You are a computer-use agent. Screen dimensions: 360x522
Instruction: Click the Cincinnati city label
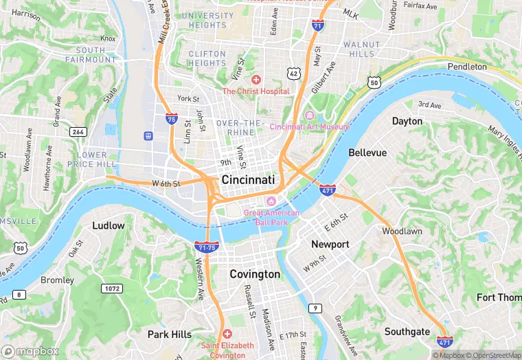248,179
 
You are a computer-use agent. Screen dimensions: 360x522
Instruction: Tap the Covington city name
254,274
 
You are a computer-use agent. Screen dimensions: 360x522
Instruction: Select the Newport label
330,244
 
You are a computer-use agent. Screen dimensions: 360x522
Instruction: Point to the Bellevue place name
367,153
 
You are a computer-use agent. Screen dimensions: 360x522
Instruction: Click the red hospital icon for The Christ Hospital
256,80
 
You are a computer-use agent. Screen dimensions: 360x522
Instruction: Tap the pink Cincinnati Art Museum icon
310,115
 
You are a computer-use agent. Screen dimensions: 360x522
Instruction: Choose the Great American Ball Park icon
271,201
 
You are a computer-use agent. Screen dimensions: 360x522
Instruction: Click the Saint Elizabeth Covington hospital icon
227,333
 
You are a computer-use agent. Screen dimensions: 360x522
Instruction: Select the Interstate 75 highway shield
171,118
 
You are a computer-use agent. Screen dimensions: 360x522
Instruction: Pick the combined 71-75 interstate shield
206,247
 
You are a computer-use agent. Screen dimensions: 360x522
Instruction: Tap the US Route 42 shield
293,73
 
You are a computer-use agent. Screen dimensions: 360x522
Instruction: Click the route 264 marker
78,131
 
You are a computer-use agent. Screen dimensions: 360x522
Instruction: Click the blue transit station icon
148,135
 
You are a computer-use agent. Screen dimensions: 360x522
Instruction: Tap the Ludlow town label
109,225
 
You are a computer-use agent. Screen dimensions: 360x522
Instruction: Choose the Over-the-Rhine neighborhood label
240,127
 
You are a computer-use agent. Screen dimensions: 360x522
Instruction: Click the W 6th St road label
166,183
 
